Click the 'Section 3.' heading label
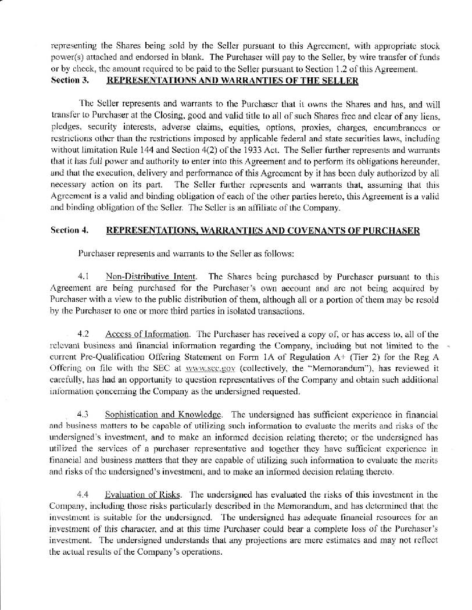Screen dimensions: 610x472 (69, 80)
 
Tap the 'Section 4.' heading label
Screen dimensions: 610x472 (69, 230)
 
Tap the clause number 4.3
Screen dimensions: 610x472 (83, 415)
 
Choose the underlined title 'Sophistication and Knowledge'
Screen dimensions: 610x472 (163, 415)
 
